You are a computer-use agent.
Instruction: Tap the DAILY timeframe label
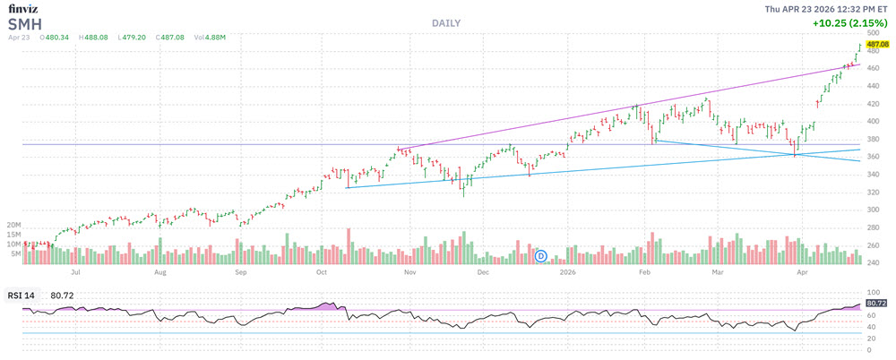point(447,22)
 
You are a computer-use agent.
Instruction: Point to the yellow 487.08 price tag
point(877,43)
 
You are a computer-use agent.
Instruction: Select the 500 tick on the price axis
point(873,33)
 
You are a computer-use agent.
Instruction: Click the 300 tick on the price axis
point(873,210)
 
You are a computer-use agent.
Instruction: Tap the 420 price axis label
point(873,104)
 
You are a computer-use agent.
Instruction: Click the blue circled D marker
point(540,256)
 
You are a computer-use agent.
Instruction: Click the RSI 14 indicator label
point(22,294)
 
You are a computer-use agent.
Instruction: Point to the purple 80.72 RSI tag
point(876,304)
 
